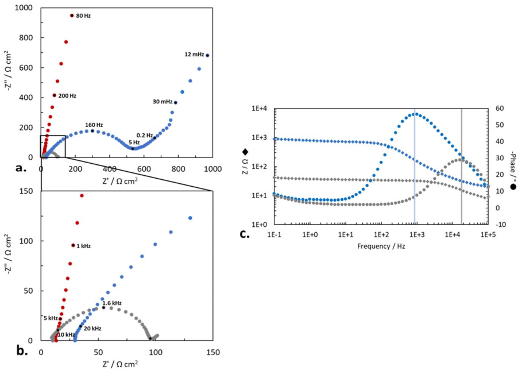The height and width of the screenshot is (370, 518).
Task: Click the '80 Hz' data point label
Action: (x=83, y=16)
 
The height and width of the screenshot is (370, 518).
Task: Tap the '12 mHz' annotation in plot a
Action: (x=194, y=55)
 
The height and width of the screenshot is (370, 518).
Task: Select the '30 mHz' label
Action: (x=163, y=102)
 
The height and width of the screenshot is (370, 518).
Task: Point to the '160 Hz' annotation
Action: (x=94, y=125)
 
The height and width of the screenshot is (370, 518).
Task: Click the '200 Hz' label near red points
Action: (x=67, y=95)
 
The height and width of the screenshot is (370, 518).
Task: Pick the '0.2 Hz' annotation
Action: (x=145, y=136)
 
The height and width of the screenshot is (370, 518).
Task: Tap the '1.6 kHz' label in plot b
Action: (x=112, y=303)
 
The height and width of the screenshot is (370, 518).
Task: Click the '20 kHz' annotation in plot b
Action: (x=92, y=329)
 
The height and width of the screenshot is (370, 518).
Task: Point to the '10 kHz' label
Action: (x=66, y=334)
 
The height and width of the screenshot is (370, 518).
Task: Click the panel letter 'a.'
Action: (x=20, y=168)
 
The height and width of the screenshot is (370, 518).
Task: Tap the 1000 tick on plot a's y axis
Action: (x=25, y=8)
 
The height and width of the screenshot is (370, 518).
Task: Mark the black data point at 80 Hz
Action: (x=72, y=16)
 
